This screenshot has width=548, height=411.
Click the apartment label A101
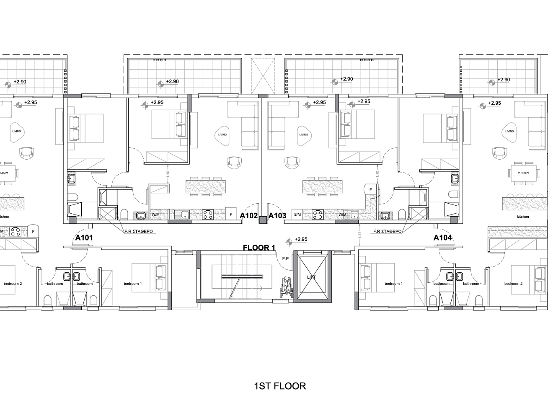pos(84,238)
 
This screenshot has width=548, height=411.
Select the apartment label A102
pos(248,216)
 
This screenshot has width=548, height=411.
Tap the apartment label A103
pos(277,216)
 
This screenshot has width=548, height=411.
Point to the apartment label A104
pos(442,238)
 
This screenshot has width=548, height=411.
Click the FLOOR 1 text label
pos(258,248)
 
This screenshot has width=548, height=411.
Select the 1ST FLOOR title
pos(280,386)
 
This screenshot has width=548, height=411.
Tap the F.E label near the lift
pos(286,258)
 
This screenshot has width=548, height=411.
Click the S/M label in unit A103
pos(297,215)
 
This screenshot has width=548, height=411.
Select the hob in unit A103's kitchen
pos(318,215)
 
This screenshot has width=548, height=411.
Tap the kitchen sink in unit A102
pos(183,215)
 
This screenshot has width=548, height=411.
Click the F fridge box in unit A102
pos(231,214)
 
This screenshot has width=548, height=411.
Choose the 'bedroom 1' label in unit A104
pos(393,284)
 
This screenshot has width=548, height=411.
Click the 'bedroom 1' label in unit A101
pos(132,284)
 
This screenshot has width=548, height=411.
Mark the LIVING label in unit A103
pos(304,134)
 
